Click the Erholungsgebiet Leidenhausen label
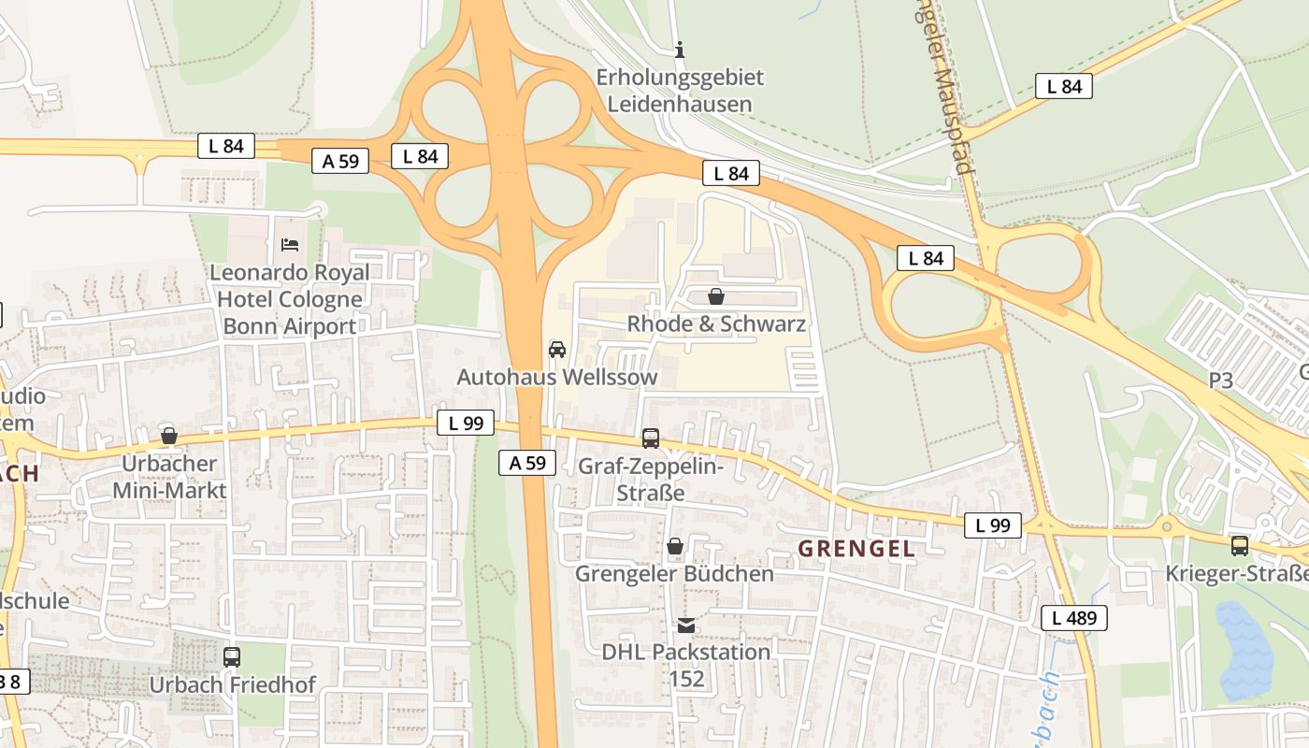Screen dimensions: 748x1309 pos(680,90)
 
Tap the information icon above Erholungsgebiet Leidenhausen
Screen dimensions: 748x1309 pos(680,50)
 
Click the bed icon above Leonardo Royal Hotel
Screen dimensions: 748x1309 pos(290,245)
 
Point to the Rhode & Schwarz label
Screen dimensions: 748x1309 pos(716,324)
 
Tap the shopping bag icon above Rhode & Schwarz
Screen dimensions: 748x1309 pos(716,297)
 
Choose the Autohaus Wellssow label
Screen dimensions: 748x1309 pos(557,377)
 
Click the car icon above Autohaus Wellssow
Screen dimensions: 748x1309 pos(557,350)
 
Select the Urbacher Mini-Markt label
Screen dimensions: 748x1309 pos(169,477)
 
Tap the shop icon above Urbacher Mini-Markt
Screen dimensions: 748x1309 pos(169,436)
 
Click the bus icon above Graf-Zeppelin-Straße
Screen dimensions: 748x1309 pos(651,438)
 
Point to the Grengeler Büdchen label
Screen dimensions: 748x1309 pos(674,573)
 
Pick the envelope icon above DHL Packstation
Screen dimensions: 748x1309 pos(686,625)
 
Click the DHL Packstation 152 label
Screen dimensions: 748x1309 pos(686,664)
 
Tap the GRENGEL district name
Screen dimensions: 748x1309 pos(856,549)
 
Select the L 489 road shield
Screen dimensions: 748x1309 pos(1074,617)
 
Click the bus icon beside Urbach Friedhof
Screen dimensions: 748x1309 pos(232,657)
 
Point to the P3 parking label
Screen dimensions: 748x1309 pos(1221,381)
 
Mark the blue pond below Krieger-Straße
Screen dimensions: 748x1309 pos(1244,650)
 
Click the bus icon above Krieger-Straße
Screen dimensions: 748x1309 pos(1240,546)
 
